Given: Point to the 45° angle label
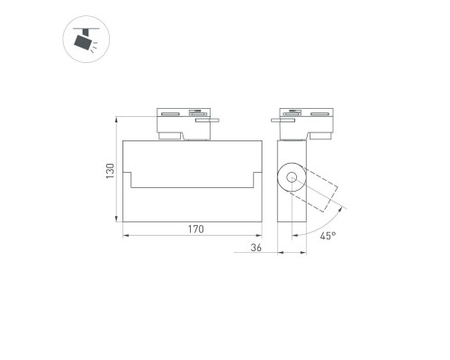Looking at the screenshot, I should pos(328,235).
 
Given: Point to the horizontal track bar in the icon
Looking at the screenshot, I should pos(86,29).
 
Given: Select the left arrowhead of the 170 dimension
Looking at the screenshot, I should pos(125,238).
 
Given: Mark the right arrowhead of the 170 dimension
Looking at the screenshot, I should pos(261,238).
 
